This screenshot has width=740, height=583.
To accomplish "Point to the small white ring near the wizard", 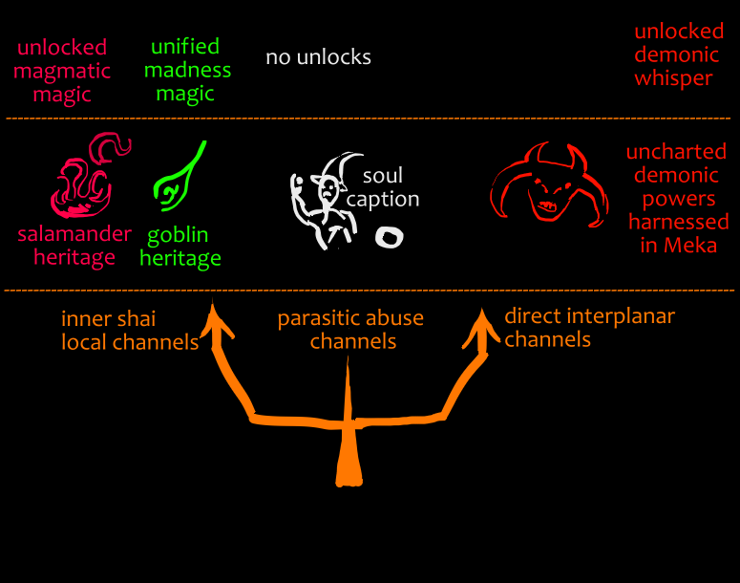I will click(388, 236).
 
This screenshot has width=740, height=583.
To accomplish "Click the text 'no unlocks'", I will click(318, 57).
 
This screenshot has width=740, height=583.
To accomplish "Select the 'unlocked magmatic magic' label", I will click(63, 71).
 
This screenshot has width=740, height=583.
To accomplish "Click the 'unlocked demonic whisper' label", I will click(673, 55).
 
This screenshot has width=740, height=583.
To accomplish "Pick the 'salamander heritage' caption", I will click(74, 246).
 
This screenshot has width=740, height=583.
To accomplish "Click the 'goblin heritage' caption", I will click(184, 247).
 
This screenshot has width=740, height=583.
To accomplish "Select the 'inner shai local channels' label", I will click(130, 330).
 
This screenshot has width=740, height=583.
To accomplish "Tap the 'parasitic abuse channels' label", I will click(350, 329).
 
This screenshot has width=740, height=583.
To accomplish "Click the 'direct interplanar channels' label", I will click(589, 327).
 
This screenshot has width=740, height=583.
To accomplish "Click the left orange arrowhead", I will click(218, 320).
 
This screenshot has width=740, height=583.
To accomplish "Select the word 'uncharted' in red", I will click(676, 151).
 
